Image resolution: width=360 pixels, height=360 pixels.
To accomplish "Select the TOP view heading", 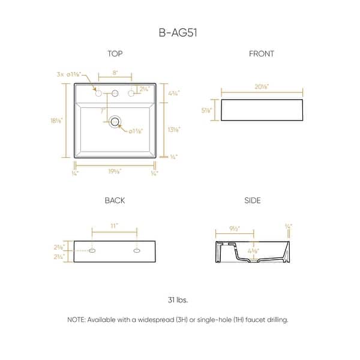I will coord(115,54).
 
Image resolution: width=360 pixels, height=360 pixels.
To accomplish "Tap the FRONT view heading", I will coord(262,54).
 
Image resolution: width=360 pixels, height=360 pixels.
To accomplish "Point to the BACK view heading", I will coord(115,200).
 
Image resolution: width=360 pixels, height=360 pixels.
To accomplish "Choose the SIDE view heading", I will coord(253,200).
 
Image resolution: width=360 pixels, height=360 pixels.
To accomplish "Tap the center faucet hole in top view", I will coord(115,93).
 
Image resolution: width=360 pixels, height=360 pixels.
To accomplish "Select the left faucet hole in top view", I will coord(97,93).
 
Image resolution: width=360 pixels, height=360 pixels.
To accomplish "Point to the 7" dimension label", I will coord(103,112).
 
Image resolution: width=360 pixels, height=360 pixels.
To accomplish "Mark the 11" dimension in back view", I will coord(115,226).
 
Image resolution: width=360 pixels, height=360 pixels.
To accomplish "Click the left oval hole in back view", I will coord(92,251).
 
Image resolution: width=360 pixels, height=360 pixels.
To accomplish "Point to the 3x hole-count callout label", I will coord(61,74).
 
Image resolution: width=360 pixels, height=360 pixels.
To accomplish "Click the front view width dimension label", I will coord(262,87).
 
